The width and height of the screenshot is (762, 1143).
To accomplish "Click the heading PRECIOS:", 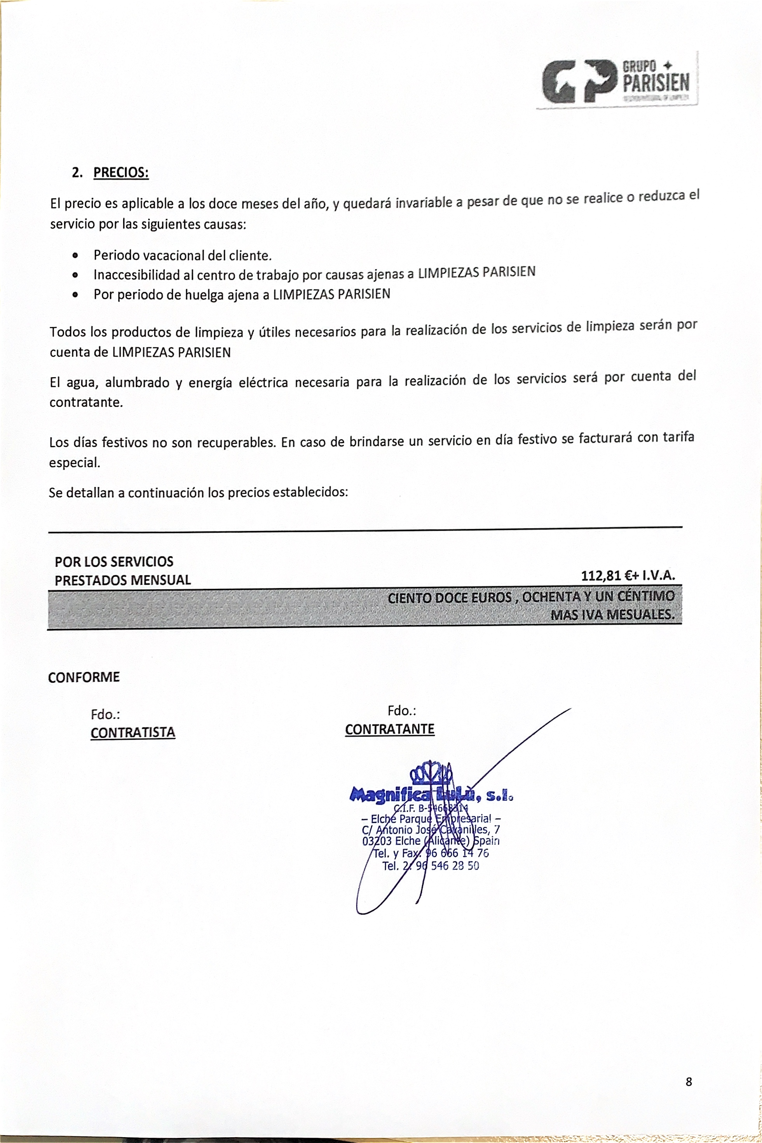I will click(120, 172).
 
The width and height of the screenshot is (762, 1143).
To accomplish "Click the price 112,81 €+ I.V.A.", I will click(628, 576).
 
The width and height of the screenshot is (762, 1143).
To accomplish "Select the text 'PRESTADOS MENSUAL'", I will click(122, 580).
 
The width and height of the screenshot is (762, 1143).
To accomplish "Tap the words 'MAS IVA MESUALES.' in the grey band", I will click(612, 615).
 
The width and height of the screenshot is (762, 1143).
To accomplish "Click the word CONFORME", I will click(84, 677).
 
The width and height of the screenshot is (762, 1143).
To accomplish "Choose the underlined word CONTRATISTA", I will click(133, 732).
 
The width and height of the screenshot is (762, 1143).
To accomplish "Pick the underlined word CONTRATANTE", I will click(390, 729).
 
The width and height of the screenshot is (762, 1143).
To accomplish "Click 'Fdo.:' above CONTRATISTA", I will click(105, 714).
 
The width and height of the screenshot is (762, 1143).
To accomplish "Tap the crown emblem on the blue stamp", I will click(432, 773).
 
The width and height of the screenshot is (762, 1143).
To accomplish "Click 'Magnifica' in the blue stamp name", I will click(389, 795).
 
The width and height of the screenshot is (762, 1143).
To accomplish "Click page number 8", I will click(689, 1082).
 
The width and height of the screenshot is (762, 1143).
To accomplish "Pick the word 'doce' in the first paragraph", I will click(223, 204).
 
